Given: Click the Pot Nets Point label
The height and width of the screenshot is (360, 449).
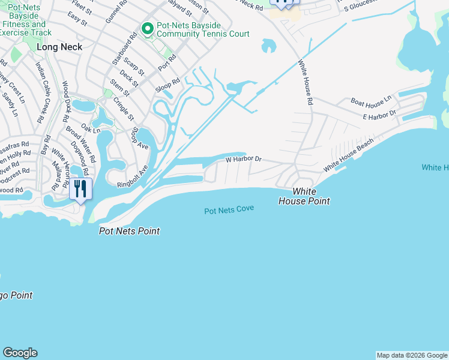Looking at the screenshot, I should [x=129, y=231].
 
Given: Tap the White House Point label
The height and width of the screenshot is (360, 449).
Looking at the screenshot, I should [x=304, y=197].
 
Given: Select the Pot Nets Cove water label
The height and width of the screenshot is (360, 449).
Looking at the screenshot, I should [x=229, y=210].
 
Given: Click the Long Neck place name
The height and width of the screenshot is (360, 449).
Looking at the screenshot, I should [x=59, y=46].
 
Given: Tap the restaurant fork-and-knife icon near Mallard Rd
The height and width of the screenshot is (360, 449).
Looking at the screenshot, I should [x=80, y=189].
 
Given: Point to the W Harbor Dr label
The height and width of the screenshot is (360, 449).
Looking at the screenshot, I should [x=243, y=160].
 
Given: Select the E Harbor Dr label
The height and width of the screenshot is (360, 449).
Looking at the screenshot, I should [x=379, y=113].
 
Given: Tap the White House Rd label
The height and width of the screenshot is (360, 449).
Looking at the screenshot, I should [x=306, y=83].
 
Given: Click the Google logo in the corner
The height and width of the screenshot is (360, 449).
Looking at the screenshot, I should [x=20, y=353].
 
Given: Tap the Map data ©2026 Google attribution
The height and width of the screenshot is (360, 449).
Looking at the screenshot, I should [x=412, y=355].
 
